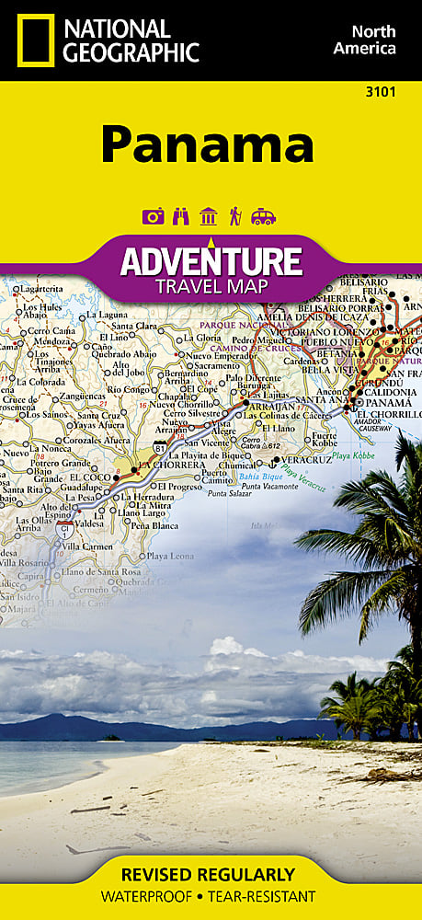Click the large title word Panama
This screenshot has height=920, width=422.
(x=207, y=145)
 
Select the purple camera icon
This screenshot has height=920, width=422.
(x=153, y=216)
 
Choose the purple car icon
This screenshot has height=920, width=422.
(x=263, y=216)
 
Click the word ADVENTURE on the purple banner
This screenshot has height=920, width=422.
(x=211, y=262)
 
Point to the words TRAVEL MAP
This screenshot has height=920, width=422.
(x=211, y=286)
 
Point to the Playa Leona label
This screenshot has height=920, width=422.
(x=169, y=557)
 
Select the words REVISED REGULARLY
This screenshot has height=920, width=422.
(x=211, y=874)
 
